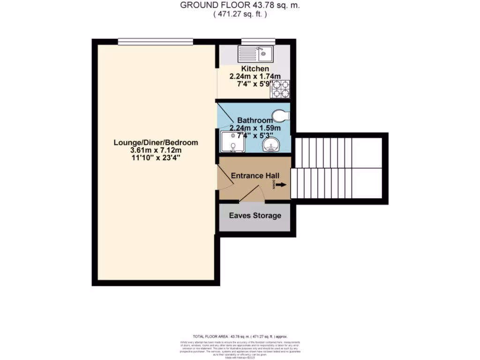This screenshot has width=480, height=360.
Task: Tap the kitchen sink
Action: pyautogui.click(x=256, y=53)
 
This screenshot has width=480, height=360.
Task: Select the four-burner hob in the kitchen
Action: pyautogui.click(x=280, y=89)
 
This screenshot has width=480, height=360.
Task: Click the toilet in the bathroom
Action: pyautogui.click(x=280, y=115)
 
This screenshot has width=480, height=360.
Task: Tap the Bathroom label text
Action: pyautogui.click(x=255, y=120)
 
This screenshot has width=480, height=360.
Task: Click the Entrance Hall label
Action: pyautogui.click(x=255, y=176)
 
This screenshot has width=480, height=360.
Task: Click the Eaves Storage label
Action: pyautogui.click(x=255, y=216)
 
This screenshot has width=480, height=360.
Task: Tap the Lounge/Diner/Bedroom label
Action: pyautogui.click(x=156, y=142)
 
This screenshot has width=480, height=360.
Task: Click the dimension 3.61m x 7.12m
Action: pyautogui.click(x=156, y=150)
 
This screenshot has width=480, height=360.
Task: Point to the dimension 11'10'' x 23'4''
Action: pyautogui.click(x=156, y=158)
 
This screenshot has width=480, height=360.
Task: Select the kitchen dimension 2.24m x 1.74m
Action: pyautogui.click(x=255, y=76)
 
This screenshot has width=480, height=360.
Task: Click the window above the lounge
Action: pyautogui.click(x=156, y=41)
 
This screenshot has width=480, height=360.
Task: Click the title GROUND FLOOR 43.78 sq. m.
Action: pyautogui.click(x=240, y=5)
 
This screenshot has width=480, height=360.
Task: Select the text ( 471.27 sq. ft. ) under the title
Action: pyautogui.click(x=240, y=14)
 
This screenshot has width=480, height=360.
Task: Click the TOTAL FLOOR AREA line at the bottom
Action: pyautogui.click(x=240, y=337)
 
